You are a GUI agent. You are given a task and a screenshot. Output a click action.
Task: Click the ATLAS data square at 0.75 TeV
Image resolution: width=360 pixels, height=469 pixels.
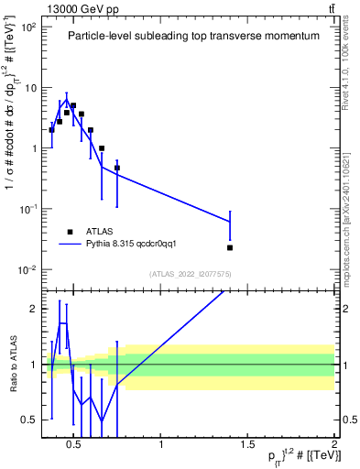coord(117,168)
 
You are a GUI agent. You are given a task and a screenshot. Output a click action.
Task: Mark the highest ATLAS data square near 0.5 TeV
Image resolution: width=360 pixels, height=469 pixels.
coord(73,106)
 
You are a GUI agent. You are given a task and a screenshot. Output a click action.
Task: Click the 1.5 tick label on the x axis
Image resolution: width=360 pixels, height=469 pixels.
coord(247,445)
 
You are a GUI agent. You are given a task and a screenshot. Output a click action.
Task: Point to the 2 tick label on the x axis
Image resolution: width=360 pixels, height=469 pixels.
coord(334,445)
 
